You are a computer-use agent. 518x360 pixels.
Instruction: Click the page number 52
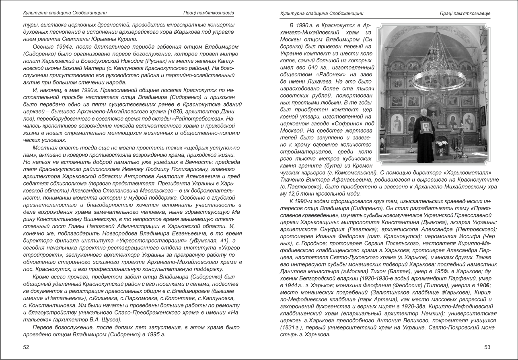[26, 347]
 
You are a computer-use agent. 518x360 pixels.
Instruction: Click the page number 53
[487, 347]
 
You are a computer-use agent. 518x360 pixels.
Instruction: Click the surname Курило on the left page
[126, 39]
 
